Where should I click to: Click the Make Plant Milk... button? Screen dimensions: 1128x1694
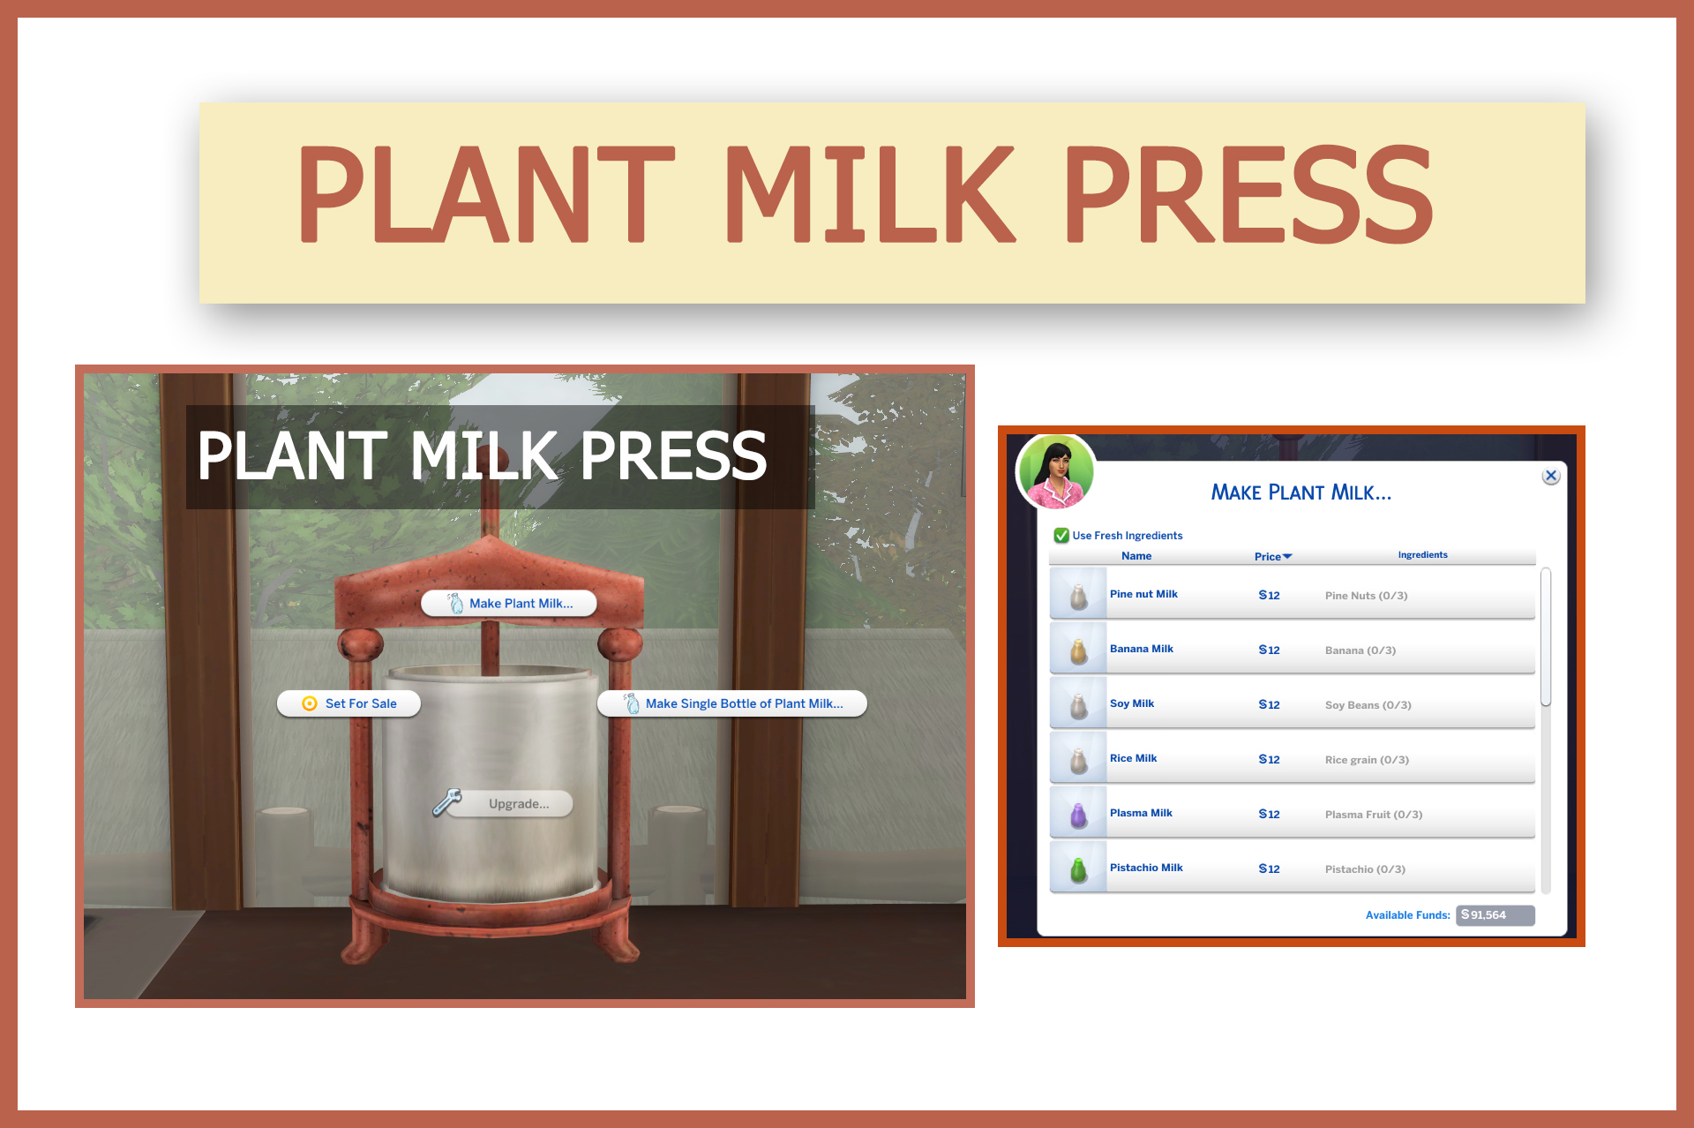509,604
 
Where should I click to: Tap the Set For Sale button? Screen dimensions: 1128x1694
349,703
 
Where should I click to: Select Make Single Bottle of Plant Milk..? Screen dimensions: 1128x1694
732,703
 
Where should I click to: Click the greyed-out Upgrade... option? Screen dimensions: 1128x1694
518,804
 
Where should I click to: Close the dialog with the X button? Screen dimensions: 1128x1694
1550,476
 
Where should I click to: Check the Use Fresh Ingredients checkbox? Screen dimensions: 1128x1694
1061,536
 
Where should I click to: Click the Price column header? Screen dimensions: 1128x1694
1271,556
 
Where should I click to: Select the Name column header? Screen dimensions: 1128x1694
1136,556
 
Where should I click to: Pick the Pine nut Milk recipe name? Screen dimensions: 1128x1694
1143,594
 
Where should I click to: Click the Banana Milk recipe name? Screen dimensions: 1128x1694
1141,649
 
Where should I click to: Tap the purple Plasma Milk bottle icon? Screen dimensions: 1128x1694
1078,815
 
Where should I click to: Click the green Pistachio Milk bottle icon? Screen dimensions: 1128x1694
1078,869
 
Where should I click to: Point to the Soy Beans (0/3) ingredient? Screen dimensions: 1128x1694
1368,705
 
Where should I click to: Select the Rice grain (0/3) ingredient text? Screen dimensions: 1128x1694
1367,760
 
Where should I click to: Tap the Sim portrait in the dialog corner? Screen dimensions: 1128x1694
1056,472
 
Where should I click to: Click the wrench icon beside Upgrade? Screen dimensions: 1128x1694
447,802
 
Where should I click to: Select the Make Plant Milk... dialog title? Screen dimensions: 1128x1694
1300,493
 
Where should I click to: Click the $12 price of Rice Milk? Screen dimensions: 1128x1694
1269,760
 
